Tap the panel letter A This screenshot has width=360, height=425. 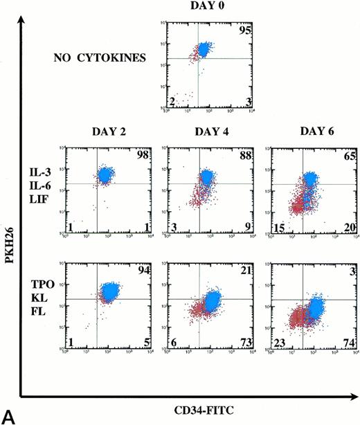(x=9, y=416)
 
